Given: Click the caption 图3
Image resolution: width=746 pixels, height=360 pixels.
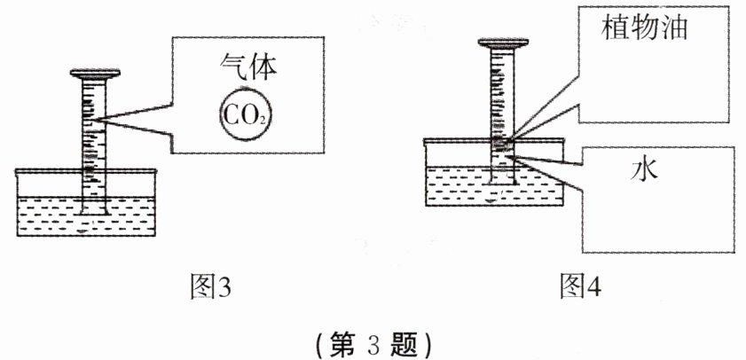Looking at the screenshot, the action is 210,286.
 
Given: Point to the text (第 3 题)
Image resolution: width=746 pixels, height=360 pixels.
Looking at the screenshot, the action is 373,341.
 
